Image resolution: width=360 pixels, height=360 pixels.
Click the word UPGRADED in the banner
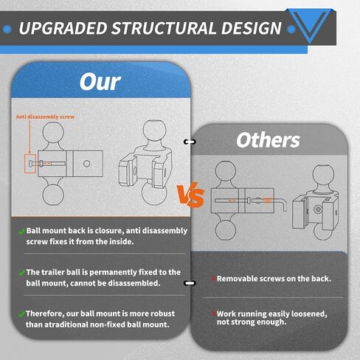pos(63,28)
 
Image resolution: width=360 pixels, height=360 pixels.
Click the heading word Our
pos(100,82)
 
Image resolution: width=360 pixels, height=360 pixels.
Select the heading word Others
pos(268,140)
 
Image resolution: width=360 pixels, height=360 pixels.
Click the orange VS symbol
pos(191,195)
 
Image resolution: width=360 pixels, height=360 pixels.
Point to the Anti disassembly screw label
pos(45,117)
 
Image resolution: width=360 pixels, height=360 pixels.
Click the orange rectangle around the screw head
pos(30,164)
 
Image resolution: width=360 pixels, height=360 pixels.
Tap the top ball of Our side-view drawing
pos(53,132)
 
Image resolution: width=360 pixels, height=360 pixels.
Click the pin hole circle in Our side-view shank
pos(86,164)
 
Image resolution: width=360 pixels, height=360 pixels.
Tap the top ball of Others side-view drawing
pos(226,171)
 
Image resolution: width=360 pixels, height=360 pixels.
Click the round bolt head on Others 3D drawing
pos(318,210)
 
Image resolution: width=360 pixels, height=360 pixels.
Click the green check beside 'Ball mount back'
pos(21,232)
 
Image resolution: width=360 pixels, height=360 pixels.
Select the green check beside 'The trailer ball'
pos(21,273)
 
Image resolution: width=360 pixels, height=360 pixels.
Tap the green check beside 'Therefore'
pos(21,314)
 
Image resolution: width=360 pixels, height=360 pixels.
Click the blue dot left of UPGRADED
pos(7,30)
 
